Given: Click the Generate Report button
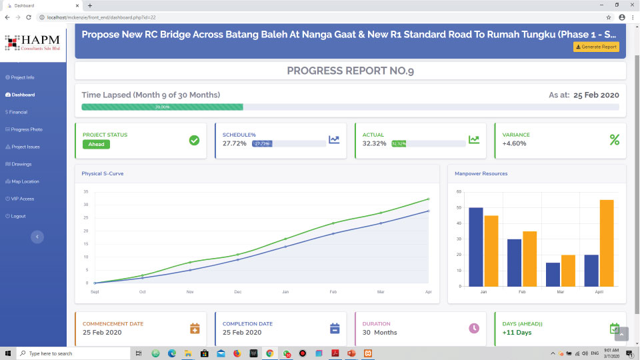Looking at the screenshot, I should pyautogui.click(x=596, y=47).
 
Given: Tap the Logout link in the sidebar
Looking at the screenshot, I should pyautogui.click(x=18, y=216).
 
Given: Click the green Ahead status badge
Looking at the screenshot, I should pyautogui.click(x=96, y=144).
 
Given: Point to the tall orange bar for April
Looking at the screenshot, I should pyautogui.click(x=607, y=243).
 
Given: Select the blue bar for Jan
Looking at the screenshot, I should pyautogui.click(x=475, y=247).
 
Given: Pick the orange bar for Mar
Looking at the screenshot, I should pyautogui.click(x=568, y=270).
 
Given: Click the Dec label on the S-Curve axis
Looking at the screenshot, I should pyautogui.click(x=238, y=292).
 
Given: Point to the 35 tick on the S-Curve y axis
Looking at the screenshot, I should pyautogui.click(x=86, y=192).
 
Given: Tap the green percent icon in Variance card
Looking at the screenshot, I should pyautogui.click(x=614, y=139).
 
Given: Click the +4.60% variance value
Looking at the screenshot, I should pyautogui.click(x=514, y=143).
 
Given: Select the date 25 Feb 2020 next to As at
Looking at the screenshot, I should pyautogui.click(x=597, y=95).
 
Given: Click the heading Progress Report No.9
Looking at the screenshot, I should pyautogui.click(x=350, y=71).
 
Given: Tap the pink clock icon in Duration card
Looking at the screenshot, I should pyautogui.click(x=474, y=328).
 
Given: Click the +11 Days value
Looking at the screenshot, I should pyautogui.click(x=517, y=332).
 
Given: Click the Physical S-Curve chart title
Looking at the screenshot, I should pyautogui.click(x=103, y=174).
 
